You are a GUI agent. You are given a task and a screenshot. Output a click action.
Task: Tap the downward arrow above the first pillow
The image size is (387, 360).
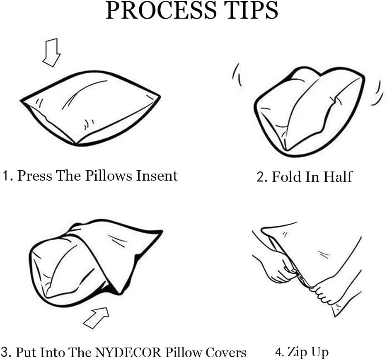(51, 53)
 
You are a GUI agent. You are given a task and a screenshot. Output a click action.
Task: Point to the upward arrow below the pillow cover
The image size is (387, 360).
(96, 318)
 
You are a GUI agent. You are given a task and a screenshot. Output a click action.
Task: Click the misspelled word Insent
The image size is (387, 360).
(157, 176)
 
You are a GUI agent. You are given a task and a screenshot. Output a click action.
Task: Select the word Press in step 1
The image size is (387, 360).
(34, 176)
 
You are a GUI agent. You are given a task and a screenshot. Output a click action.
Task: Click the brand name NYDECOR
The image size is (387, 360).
(128, 352)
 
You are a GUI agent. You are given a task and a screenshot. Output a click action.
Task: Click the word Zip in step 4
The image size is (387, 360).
(296, 352)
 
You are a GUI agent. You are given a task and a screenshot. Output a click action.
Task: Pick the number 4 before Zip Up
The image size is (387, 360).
(279, 352)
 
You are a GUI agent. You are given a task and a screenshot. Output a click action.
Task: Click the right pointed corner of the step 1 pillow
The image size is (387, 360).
(160, 97)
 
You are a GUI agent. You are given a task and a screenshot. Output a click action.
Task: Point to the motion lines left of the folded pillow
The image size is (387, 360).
(237, 75)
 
